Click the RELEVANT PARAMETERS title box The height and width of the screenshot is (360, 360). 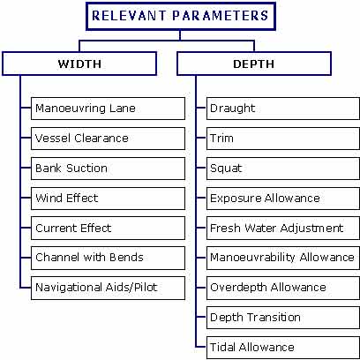(181, 16)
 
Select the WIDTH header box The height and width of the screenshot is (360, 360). (79, 64)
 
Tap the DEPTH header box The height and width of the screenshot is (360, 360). (254, 64)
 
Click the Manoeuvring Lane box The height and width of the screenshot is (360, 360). (108, 109)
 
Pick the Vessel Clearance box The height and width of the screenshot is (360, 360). (108, 139)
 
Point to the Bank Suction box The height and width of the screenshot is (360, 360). (108, 169)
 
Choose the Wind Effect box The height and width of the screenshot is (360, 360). (108, 199)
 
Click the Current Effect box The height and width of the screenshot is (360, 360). (108, 229)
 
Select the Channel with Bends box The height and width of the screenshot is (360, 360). (108, 258)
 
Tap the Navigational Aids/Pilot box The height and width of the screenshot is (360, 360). (108, 288)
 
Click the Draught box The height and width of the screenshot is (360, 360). (283, 109)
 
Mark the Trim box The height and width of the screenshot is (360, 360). (283, 139)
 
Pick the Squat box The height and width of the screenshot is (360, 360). (283, 169)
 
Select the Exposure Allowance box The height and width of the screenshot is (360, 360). (283, 199)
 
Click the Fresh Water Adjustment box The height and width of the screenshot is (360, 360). (283, 229)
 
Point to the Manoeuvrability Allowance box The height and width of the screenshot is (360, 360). (283, 258)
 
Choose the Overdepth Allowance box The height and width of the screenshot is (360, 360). (283, 288)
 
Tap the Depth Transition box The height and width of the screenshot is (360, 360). (283, 318)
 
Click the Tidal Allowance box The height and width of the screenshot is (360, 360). (283, 348)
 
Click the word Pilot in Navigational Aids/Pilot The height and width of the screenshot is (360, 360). (146, 287)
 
